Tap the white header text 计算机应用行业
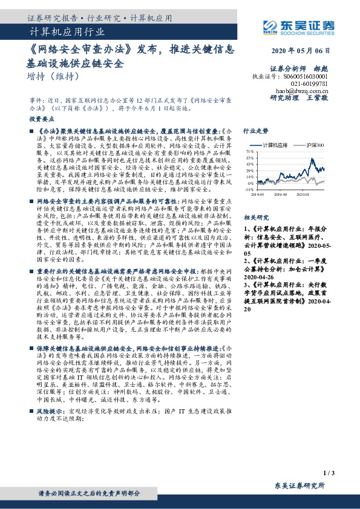pos(67,32)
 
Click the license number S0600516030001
pos(306,77)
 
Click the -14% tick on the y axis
pos(249,190)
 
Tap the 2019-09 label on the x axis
pos(280,195)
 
